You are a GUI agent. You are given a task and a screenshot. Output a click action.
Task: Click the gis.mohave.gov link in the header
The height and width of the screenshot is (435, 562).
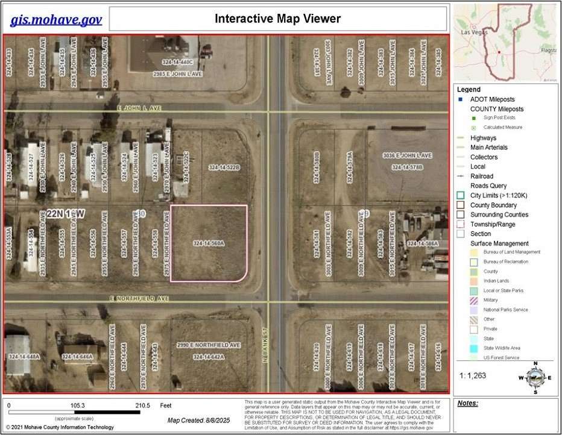55,19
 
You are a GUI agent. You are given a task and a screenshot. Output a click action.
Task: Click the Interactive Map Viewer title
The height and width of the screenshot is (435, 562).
277,19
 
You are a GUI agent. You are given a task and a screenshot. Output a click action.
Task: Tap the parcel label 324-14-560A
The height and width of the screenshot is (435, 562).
209,243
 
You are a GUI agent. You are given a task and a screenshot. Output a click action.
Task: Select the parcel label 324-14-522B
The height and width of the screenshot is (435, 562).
224,167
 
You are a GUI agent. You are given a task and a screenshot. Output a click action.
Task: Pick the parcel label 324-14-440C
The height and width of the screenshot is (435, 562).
177,62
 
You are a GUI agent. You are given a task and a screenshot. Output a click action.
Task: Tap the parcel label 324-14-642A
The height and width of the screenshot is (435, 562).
209,357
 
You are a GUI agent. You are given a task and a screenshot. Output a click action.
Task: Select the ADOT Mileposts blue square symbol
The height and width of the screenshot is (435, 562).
461,99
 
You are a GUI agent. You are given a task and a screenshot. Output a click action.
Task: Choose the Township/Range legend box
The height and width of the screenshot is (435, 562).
461,224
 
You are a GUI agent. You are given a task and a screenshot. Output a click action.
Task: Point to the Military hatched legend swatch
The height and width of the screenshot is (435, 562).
473,299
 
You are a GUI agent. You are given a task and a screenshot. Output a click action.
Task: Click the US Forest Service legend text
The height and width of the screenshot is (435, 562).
500,357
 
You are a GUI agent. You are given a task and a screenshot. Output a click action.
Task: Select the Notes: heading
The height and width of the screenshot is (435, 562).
468,403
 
